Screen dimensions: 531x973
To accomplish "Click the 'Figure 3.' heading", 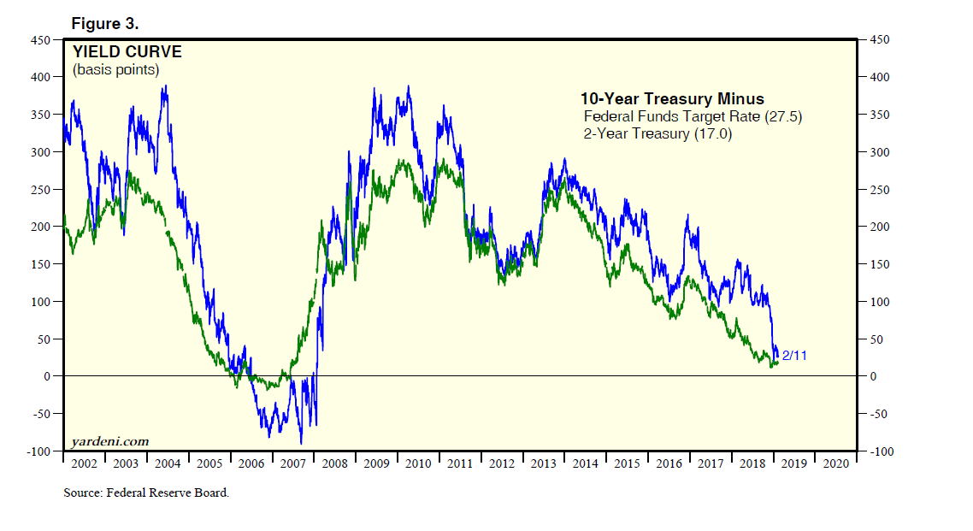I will [105, 23].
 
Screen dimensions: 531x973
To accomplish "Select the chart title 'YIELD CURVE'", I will [127, 52].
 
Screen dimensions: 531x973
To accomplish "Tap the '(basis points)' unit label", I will [115, 69].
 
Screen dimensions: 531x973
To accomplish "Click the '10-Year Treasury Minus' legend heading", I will [672, 98].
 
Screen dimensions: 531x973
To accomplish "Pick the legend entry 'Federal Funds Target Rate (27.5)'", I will [693, 116].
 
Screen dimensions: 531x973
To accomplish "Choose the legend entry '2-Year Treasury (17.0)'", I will [658, 133].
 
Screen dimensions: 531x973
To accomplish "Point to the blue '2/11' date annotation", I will [794, 356].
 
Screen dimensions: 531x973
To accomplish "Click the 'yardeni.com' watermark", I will [109, 441].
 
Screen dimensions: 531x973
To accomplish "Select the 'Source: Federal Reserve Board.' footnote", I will [146, 493].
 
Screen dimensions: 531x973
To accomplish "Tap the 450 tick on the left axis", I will [41, 39].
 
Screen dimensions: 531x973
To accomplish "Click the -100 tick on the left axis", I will [38, 451].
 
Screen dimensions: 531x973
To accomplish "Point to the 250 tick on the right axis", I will [880, 189].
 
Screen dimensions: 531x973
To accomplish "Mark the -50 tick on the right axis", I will [880, 414].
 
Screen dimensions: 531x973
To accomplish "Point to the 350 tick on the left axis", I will [41, 115].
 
